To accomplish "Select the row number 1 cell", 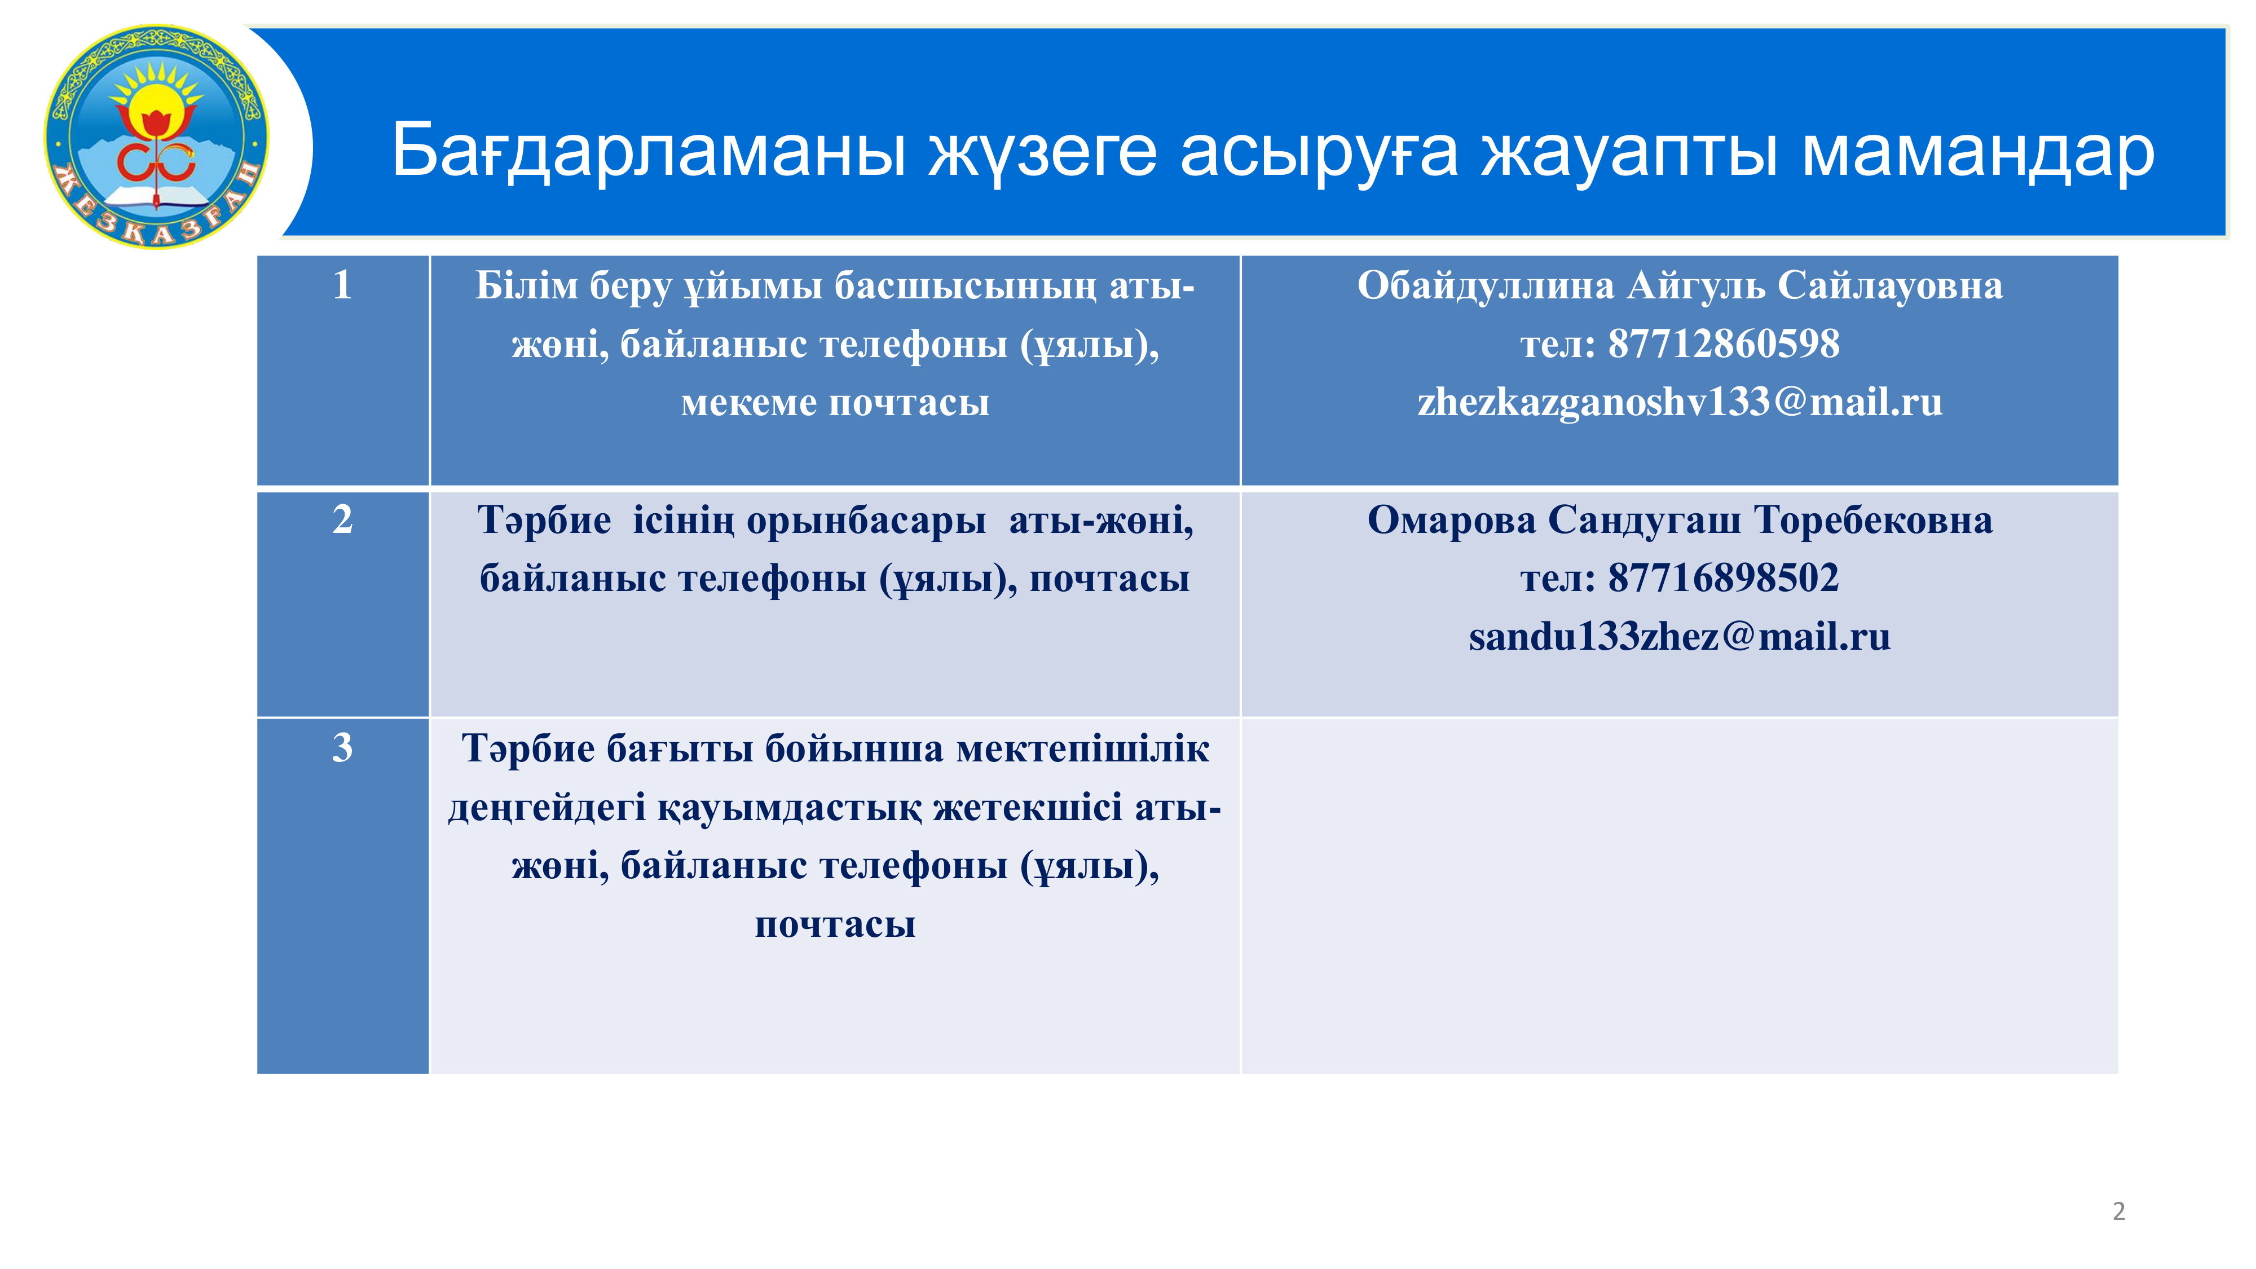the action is (x=342, y=371).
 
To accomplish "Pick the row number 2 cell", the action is (x=342, y=603).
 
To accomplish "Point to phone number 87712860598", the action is (x=1724, y=343).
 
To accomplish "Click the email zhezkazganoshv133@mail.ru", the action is (x=1680, y=403).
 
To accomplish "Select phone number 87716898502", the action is (x=1724, y=578).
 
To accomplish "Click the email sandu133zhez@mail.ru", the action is (x=1680, y=637).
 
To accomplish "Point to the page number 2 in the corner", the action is (x=2118, y=1211).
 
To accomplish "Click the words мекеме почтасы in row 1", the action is (x=835, y=403).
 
